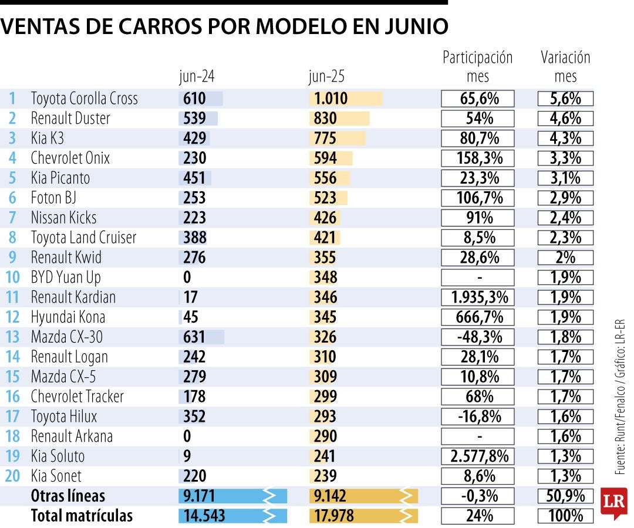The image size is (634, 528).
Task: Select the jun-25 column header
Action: tap(326, 77)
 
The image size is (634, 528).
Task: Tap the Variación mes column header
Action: tap(565, 67)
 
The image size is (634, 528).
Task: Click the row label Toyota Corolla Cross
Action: tap(84, 99)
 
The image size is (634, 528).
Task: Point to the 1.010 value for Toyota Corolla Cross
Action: tap(329, 99)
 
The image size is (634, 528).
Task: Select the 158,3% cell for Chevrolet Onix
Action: tap(478, 158)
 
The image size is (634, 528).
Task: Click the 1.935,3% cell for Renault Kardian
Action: tap(478, 297)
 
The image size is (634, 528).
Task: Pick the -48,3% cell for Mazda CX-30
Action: tap(478, 337)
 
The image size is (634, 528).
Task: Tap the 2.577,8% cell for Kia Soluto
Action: tap(478, 456)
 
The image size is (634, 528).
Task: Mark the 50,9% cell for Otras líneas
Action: tap(565, 496)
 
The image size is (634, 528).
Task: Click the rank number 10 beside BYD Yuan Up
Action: tap(12, 277)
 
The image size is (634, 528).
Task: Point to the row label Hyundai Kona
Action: tap(68, 317)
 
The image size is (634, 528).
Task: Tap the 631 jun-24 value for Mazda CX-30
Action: tap(194, 337)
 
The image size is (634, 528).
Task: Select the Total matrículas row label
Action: tap(82, 516)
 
